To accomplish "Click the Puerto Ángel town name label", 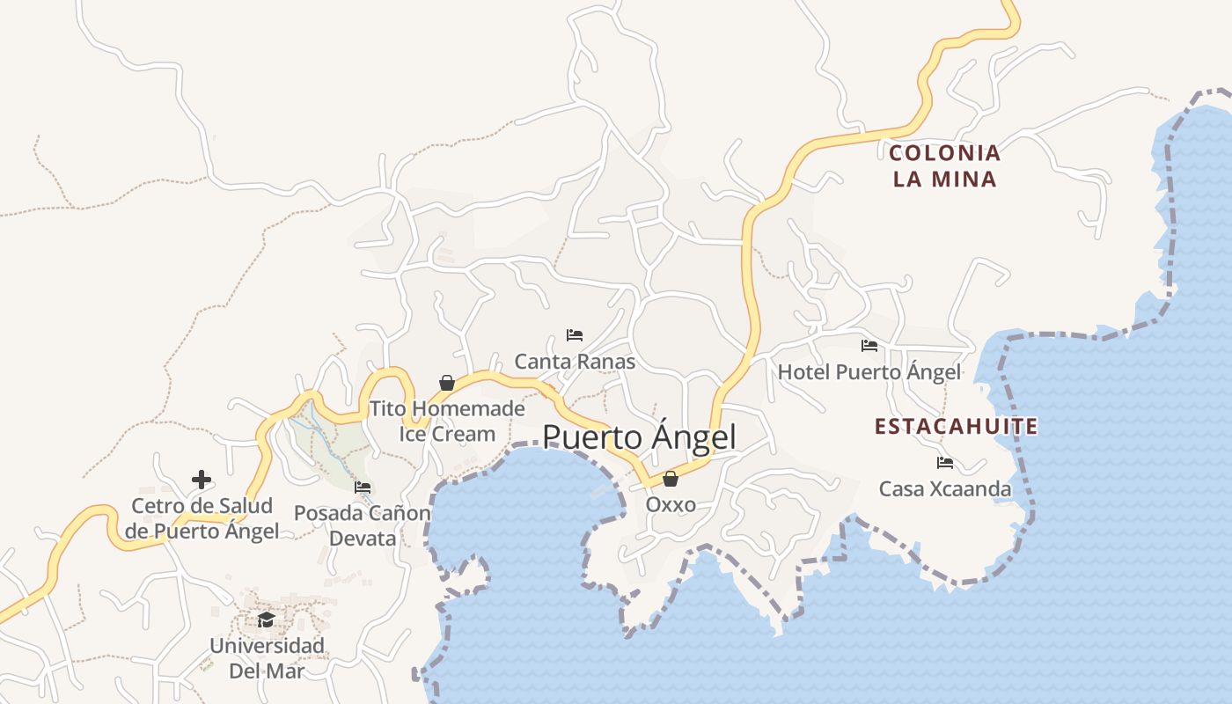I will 639,437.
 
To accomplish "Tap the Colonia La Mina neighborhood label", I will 945,166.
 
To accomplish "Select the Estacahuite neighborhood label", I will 957,427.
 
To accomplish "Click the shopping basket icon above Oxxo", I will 671,479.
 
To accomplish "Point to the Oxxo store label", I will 671,505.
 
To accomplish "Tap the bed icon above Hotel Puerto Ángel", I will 869,346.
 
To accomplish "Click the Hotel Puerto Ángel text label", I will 869,372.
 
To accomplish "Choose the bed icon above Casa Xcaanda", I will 945,462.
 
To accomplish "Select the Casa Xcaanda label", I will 945,488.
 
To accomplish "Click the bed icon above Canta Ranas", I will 575,335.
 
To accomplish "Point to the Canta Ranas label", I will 575,362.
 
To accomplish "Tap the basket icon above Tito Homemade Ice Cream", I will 447,383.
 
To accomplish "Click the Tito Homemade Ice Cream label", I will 447,421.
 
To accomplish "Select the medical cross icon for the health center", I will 202,480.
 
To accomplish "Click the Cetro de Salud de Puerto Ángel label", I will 202,518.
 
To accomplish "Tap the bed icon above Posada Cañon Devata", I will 363,488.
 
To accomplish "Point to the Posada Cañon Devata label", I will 363,525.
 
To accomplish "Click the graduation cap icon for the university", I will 266,620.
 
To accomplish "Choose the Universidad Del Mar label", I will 266,658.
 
